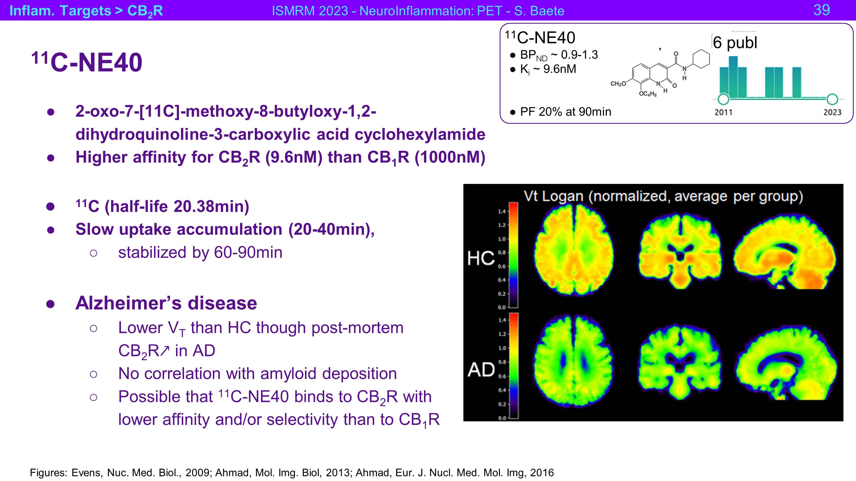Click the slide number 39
[x=822, y=10]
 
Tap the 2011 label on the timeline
[x=723, y=112]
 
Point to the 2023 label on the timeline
[x=832, y=112]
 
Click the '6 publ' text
[x=735, y=42]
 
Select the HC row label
[x=481, y=258]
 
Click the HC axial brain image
[x=574, y=249]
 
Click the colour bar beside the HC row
[x=514, y=255]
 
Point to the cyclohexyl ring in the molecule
[x=700, y=59]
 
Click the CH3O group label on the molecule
[x=618, y=84]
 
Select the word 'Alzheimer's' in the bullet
[x=129, y=303]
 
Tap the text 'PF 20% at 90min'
[x=566, y=111]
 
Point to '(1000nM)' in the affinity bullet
[x=450, y=157]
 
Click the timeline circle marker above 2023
[x=832, y=99]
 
